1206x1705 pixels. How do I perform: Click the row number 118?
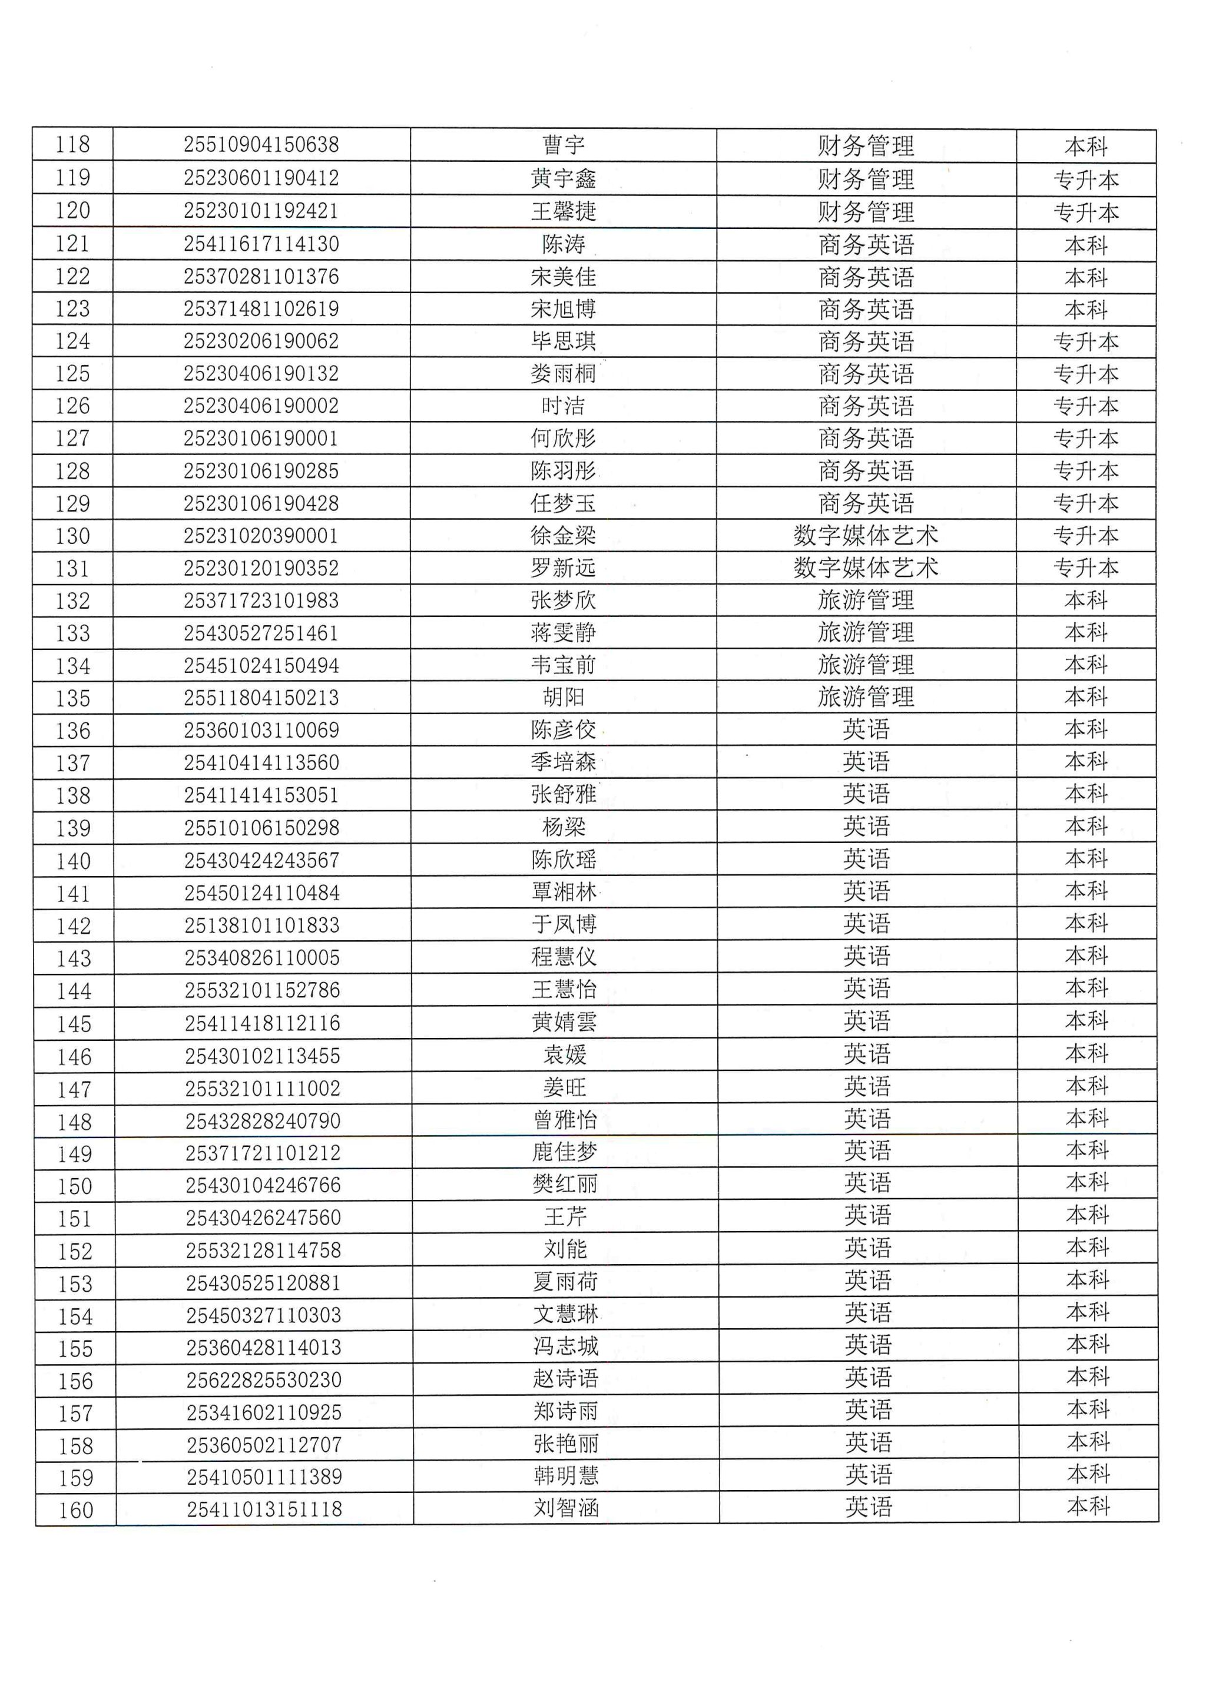click(73, 144)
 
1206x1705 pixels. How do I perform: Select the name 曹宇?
click(563, 145)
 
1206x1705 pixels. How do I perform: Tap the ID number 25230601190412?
click(261, 178)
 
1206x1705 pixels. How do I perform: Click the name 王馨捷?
click(563, 211)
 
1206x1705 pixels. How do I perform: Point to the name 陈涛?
click(563, 244)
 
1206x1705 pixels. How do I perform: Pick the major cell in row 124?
click(866, 341)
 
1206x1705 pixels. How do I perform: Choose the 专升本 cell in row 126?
click(1086, 406)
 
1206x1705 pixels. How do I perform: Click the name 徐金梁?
click(563, 535)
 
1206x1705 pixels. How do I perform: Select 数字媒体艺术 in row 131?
click(866, 568)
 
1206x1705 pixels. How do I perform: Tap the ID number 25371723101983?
click(261, 601)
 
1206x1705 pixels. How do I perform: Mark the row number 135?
click(73, 698)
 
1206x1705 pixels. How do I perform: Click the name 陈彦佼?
click(563, 730)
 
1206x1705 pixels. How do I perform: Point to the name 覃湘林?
click(564, 892)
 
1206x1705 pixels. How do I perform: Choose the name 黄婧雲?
click(564, 1023)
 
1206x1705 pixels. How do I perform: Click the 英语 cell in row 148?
click(867, 1120)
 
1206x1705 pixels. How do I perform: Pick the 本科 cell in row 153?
click(1087, 1281)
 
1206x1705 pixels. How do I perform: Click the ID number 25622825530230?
click(264, 1381)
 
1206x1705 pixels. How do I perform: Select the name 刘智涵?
click(565, 1508)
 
